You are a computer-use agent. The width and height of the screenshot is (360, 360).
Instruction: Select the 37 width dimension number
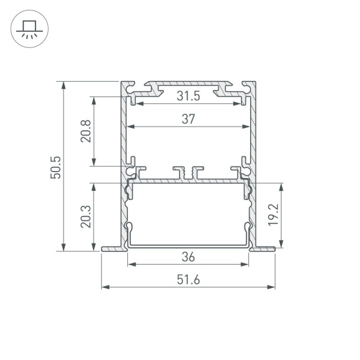pyautogui.click(x=188, y=119)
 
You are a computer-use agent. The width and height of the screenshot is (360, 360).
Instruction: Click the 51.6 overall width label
pyautogui.click(x=188, y=280)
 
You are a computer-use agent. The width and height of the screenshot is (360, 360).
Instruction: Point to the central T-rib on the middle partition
pyautogui.click(x=188, y=173)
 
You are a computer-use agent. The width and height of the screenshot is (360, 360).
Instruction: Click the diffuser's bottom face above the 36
pyautogui.click(x=188, y=245)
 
